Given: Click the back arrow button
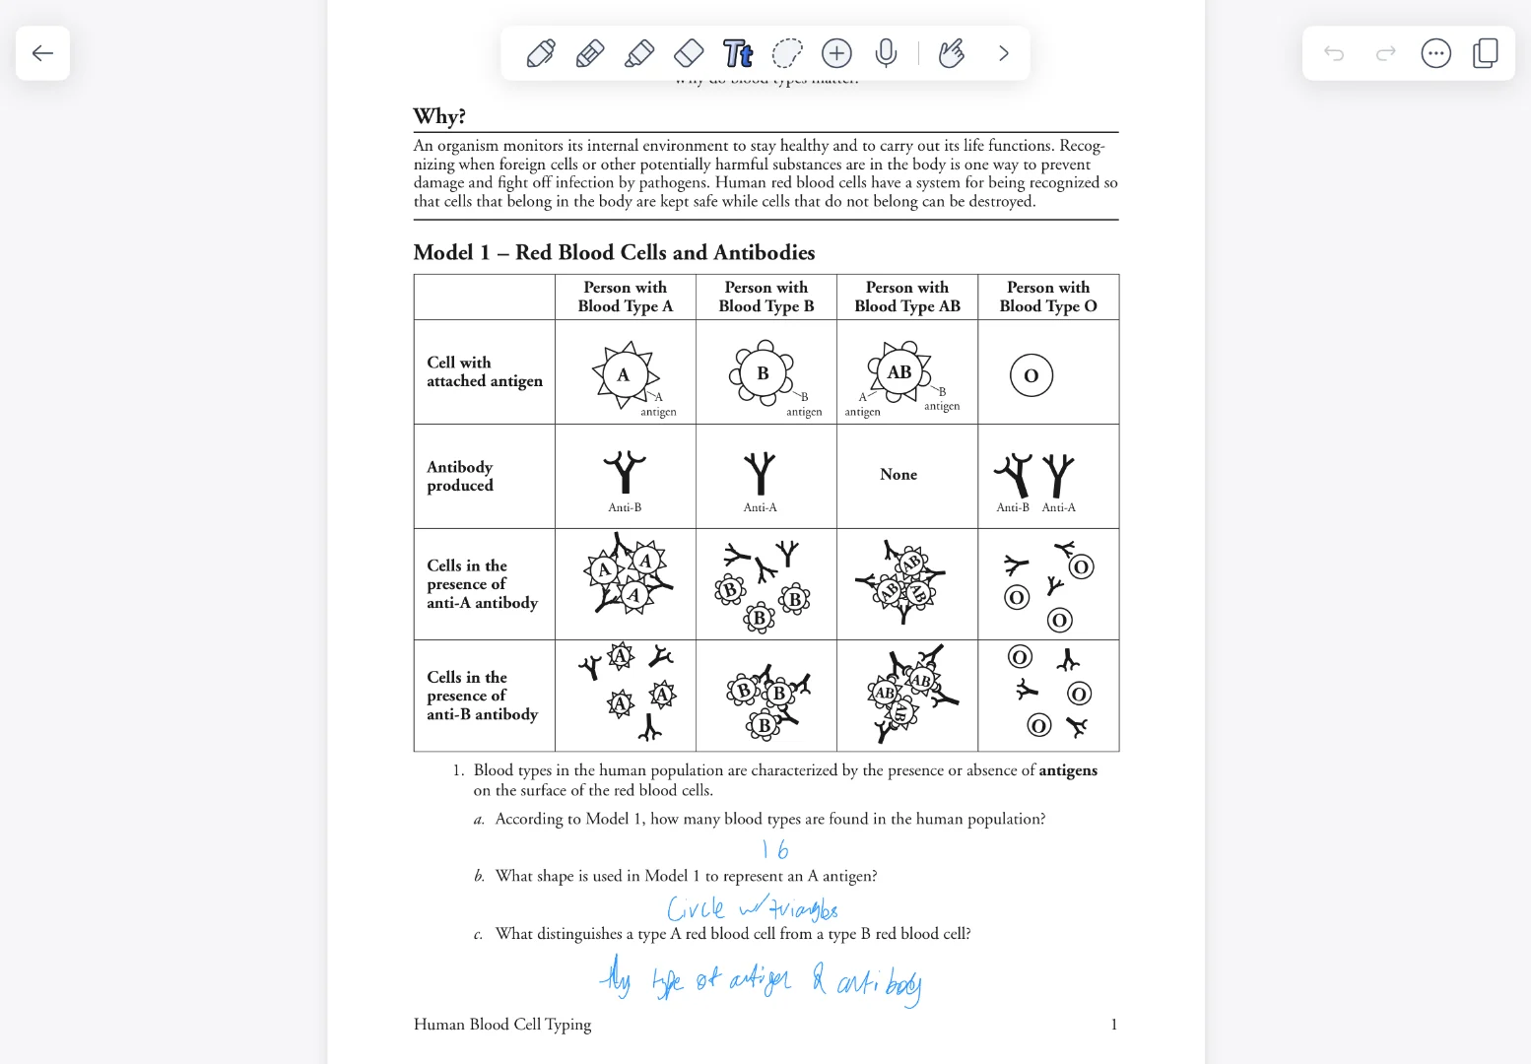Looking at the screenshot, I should (42, 53).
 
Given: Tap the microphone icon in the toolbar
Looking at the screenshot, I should (886, 53).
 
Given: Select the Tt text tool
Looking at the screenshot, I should (738, 53).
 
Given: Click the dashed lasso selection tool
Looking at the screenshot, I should (787, 53).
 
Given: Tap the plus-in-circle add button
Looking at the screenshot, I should (836, 53).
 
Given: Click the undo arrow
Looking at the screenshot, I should (1334, 53).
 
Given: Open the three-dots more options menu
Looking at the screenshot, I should (1435, 53).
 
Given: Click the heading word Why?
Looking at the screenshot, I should (439, 116).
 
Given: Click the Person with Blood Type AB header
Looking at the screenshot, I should (907, 297).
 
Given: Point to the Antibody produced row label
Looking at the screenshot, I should (460, 476).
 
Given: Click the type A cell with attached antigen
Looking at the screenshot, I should (624, 375).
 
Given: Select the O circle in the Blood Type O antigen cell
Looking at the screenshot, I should (1032, 375).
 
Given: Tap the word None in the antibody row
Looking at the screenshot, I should (899, 475).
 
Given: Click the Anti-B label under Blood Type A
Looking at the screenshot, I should (625, 507).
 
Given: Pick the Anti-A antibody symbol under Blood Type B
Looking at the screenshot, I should (760, 473).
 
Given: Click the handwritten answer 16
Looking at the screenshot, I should (775, 849).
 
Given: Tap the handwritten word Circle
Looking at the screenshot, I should (696, 907).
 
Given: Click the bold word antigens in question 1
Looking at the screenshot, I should (1068, 770).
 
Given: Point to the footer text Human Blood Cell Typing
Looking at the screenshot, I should (502, 1025).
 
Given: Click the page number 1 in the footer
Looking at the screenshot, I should (1114, 1025).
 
